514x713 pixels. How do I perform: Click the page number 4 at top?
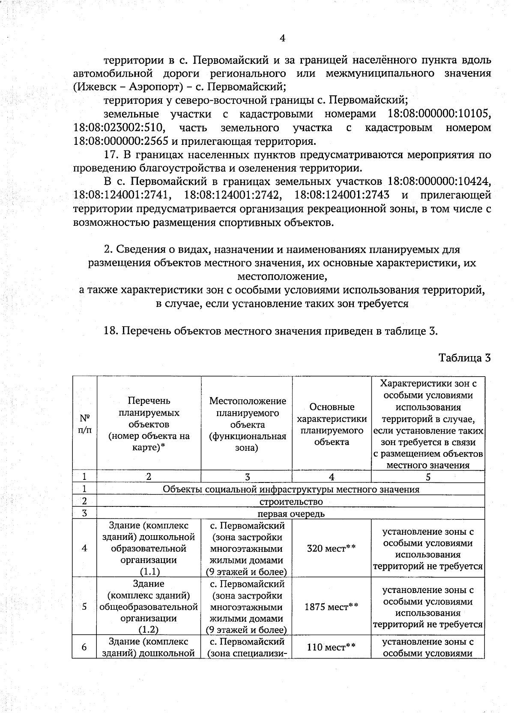pyautogui.click(x=282, y=38)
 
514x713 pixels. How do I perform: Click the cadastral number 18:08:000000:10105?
pyautogui.click(x=439, y=114)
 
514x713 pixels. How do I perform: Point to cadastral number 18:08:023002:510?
pyautogui.click(x=120, y=128)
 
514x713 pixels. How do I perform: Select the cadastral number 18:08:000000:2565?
pyautogui.click(x=120, y=141)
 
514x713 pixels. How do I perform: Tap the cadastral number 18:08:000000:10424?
pyautogui.click(x=439, y=182)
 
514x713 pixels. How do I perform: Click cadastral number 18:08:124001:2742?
pyautogui.click(x=233, y=195)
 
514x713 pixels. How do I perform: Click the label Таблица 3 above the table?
pyautogui.click(x=464, y=358)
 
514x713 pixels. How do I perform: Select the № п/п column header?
pyautogui.click(x=84, y=423)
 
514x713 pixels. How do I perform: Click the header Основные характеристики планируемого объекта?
pyautogui.click(x=332, y=424)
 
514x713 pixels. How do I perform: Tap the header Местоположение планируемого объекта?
pyautogui.click(x=247, y=424)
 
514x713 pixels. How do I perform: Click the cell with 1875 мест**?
pyautogui.click(x=332, y=606)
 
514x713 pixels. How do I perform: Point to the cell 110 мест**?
pyautogui.click(x=332, y=647)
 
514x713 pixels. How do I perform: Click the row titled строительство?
pyautogui.click(x=291, y=501)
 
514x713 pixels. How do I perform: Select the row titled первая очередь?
pyautogui.click(x=291, y=513)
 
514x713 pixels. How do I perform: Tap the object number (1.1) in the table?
pyautogui.click(x=149, y=572)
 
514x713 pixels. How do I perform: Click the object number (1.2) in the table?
pyautogui.click(x=149, y=629)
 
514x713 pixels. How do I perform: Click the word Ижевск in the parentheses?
pyautogui.click(x=96, y=87)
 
